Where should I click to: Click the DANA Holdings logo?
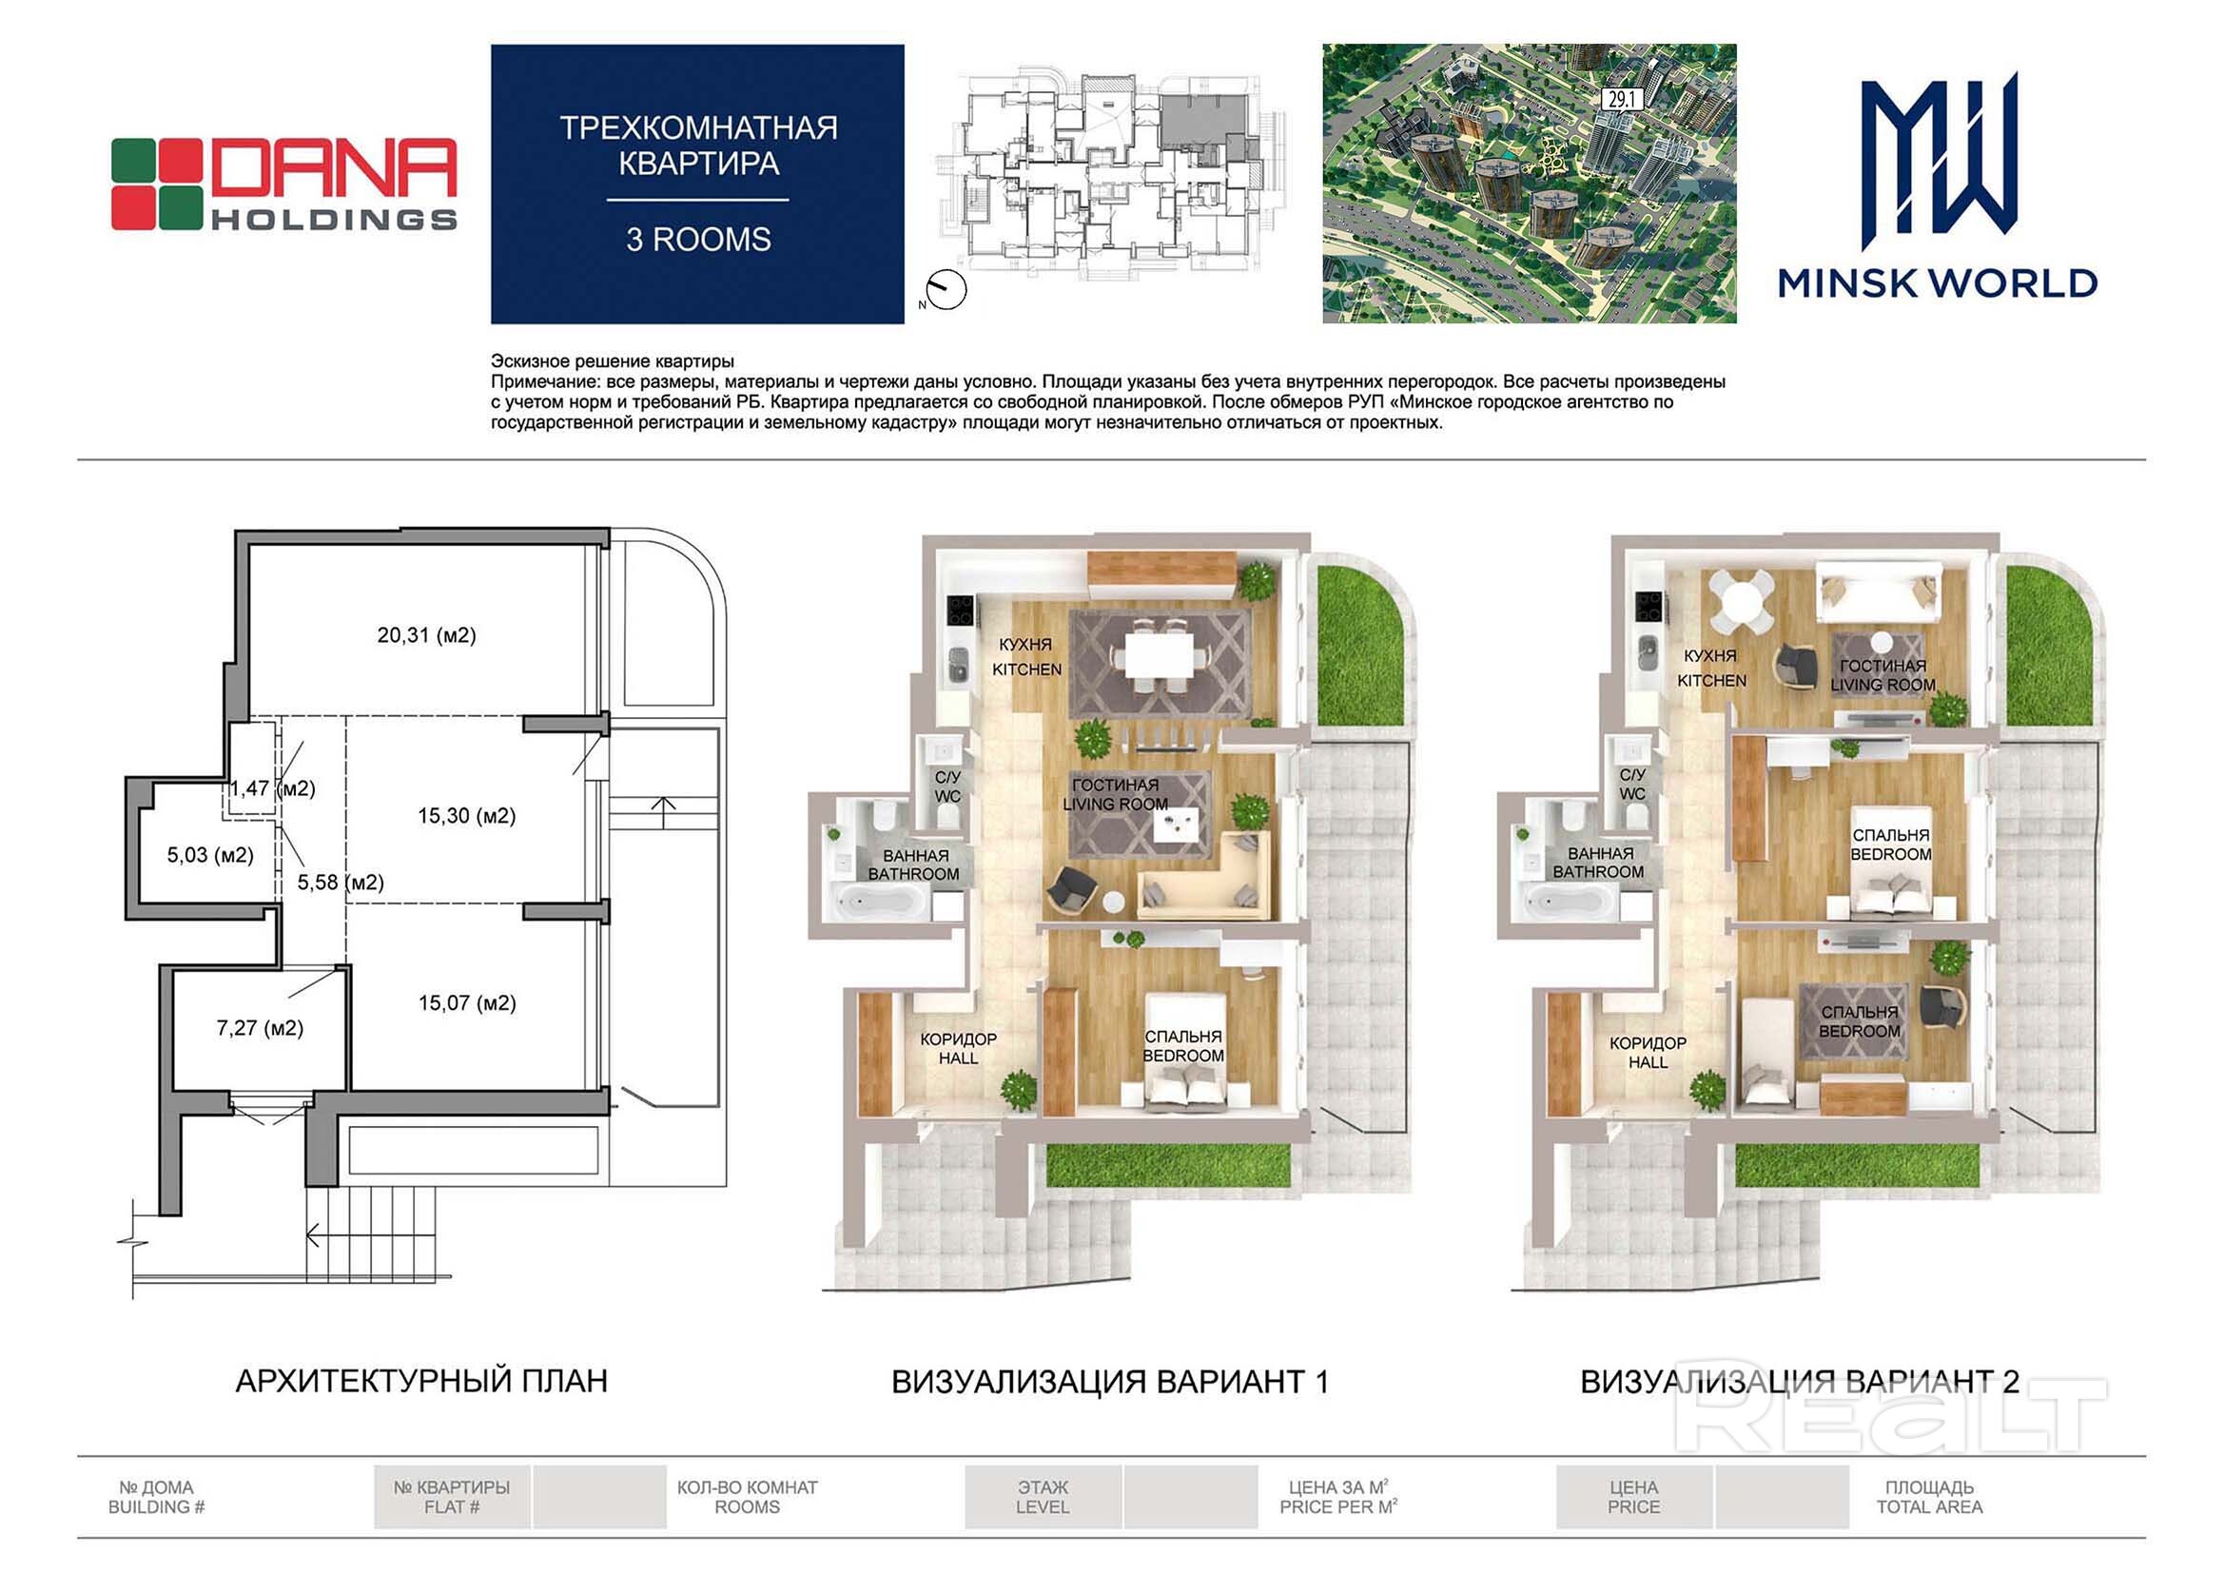point(283,184)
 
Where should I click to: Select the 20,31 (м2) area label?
point(426,635)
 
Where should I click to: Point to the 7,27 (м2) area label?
point(260,1028)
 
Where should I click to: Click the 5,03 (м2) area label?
point(210,855)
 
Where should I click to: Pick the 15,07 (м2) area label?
point(467,1003)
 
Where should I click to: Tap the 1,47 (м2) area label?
point(272,788)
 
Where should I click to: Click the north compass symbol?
point(945,289)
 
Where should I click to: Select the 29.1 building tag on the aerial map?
point(1621,99)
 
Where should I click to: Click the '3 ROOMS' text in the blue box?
point(698,240)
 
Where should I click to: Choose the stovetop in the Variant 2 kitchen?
point(1648,607)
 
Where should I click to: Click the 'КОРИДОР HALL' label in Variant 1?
point(958,1049)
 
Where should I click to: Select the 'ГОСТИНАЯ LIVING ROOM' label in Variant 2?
point(1883,675)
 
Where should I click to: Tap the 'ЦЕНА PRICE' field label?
point(1634,1498)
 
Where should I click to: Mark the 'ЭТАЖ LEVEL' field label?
point(1044,1498)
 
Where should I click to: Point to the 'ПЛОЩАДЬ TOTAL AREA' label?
point(1929,1498)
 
